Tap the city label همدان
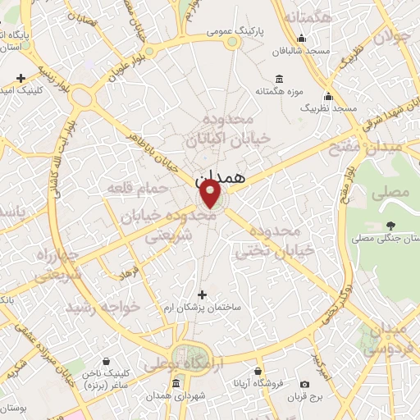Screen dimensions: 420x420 (221, 176)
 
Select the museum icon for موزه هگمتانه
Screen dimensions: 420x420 (280, 80)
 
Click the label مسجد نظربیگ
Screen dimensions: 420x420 (329, 107)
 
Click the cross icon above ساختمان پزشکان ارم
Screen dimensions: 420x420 (203, 294)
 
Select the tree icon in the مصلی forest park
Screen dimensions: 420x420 (390, 225)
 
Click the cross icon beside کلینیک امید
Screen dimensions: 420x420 (21, 78)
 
